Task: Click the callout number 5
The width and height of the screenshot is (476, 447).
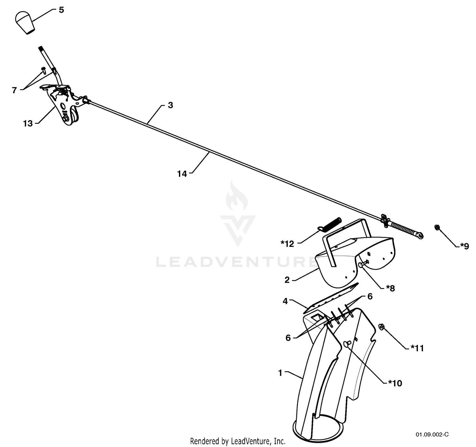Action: coord(61,10)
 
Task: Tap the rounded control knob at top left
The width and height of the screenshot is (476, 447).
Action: coord(25,23)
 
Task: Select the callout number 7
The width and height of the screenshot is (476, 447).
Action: coord(14,90)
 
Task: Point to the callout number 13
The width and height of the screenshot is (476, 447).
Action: coord(28,123)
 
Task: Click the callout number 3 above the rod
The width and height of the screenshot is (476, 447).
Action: coord(170,105)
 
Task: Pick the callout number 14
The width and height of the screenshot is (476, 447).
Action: coord(182,174)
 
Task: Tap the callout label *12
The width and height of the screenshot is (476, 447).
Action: coord(288,244)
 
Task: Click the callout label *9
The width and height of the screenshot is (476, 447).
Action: coord(465,246)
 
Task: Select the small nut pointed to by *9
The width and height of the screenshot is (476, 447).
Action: coord(437,227)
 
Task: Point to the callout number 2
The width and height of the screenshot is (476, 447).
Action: coord(287,280)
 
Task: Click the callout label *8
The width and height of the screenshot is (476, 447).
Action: coord(390,288)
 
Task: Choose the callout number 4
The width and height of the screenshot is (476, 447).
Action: coord(285,301)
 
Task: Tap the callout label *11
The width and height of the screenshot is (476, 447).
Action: coord(417,348)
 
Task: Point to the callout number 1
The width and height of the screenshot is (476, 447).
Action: coord(280,373)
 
